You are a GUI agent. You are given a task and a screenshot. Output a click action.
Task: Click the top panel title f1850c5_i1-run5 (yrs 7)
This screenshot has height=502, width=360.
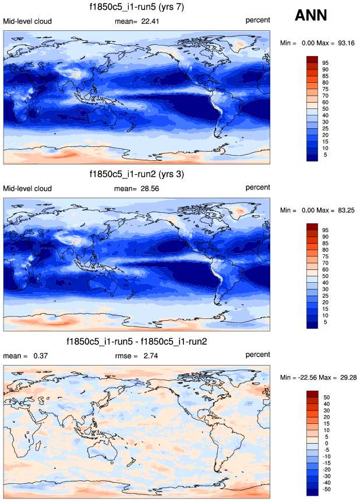[x=137, y=8]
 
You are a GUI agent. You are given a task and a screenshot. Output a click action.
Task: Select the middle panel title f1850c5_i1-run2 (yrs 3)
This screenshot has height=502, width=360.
[x=137, y=174]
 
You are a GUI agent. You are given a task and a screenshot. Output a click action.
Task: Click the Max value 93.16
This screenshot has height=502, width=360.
[x=345, y=43]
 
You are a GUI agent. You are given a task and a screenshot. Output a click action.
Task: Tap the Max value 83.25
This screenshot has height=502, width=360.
[x=345, y=210]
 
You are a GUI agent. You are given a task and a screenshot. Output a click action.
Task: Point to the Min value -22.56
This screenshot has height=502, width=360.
[x=303, y=377]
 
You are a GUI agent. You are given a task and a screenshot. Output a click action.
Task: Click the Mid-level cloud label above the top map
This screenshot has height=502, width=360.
[x=27, y=22]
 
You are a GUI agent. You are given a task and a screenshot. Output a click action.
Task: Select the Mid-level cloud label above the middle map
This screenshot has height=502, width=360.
[x=27, y=188]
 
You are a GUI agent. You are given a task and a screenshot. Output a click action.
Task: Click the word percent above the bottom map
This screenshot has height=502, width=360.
[x=257, y=355]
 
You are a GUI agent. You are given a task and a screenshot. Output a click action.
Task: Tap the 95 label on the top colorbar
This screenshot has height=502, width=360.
[x=326, y=62]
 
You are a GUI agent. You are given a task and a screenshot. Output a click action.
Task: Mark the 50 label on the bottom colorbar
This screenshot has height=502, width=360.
[x=326, y=396]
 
